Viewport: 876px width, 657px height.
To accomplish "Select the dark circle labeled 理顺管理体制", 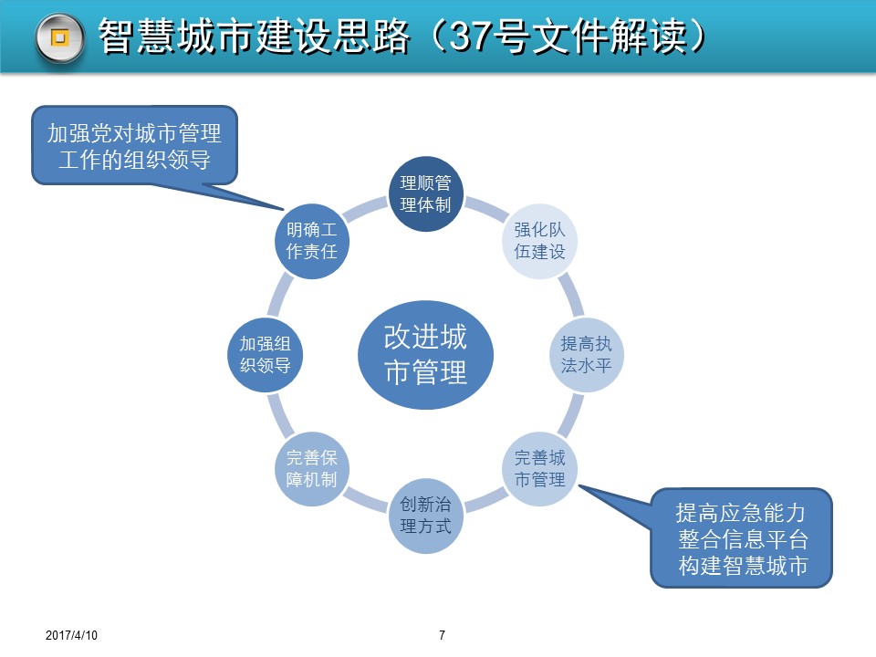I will pyautogui.click(x=426, y=193).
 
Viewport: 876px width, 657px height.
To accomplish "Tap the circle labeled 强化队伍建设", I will pyautogui.click(x=540, y=240).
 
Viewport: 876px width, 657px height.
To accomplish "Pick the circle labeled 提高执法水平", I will pyautogui.click(x=587, y=355).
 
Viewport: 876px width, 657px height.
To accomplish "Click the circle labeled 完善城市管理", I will pyautogui.click(x=540, y=469).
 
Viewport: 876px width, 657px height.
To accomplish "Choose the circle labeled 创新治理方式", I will pyautogui.click(x=426, y=516).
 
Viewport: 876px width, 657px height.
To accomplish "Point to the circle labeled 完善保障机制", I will pyautogui.click(x=311, y=469).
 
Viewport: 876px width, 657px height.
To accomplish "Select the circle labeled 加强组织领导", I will pyautogui.click(x=265, y=355).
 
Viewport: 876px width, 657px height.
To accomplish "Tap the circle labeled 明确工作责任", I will pyautogui.click(x=311, y=240).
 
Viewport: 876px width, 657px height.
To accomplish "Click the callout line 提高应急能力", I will pyautogui.click(x=741, y=512).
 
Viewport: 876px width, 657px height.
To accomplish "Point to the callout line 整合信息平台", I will pyautogui.click(x=741, y=538).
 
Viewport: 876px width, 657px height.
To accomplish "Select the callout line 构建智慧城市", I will pyautogui.click(x=741, y=565).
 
